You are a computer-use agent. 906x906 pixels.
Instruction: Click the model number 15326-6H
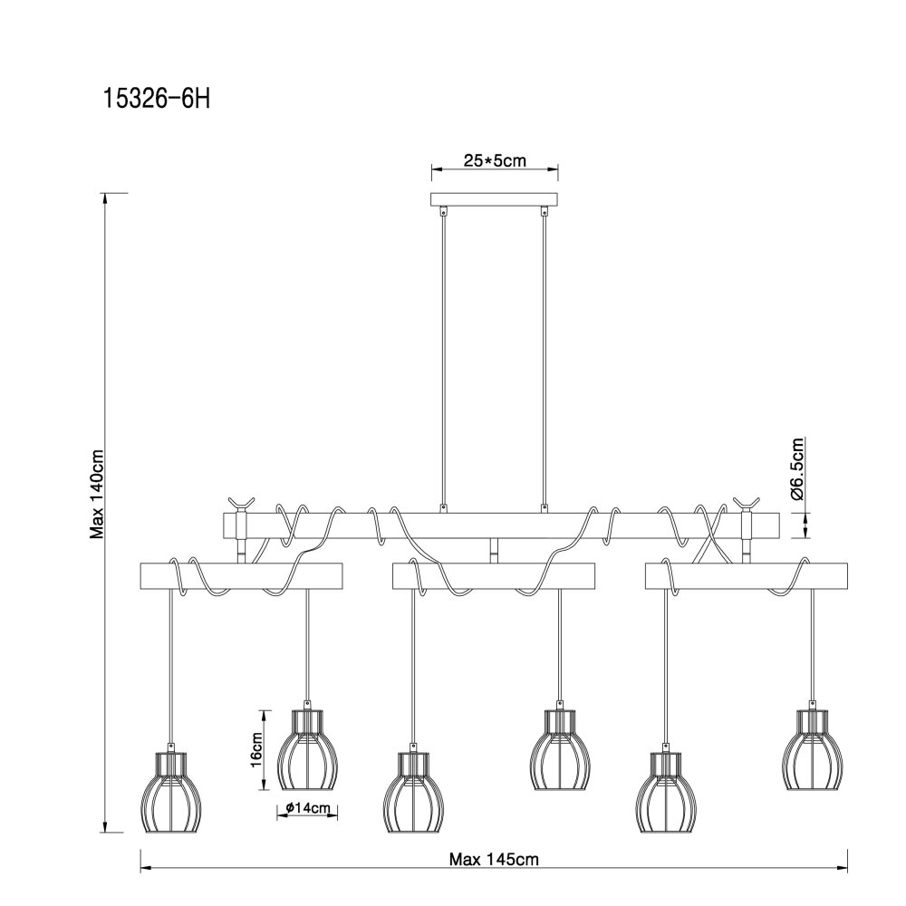(x=156, y=99)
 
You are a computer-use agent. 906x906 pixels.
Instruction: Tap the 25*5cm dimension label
(x=495, y=160)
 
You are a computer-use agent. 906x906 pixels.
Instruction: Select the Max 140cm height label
(x=97, y=494)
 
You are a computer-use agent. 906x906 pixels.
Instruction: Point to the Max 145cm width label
(x=494, y=859)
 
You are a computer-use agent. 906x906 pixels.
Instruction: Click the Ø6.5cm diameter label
(x=796, y=468)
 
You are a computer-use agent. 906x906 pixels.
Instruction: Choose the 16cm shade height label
(x=256, y=749)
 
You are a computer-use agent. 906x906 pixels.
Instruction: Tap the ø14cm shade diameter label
(x=307, y=808)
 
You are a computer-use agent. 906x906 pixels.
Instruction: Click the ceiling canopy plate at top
(x=495, y=200)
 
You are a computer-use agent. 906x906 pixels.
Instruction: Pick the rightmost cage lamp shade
(x=813, y=749)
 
